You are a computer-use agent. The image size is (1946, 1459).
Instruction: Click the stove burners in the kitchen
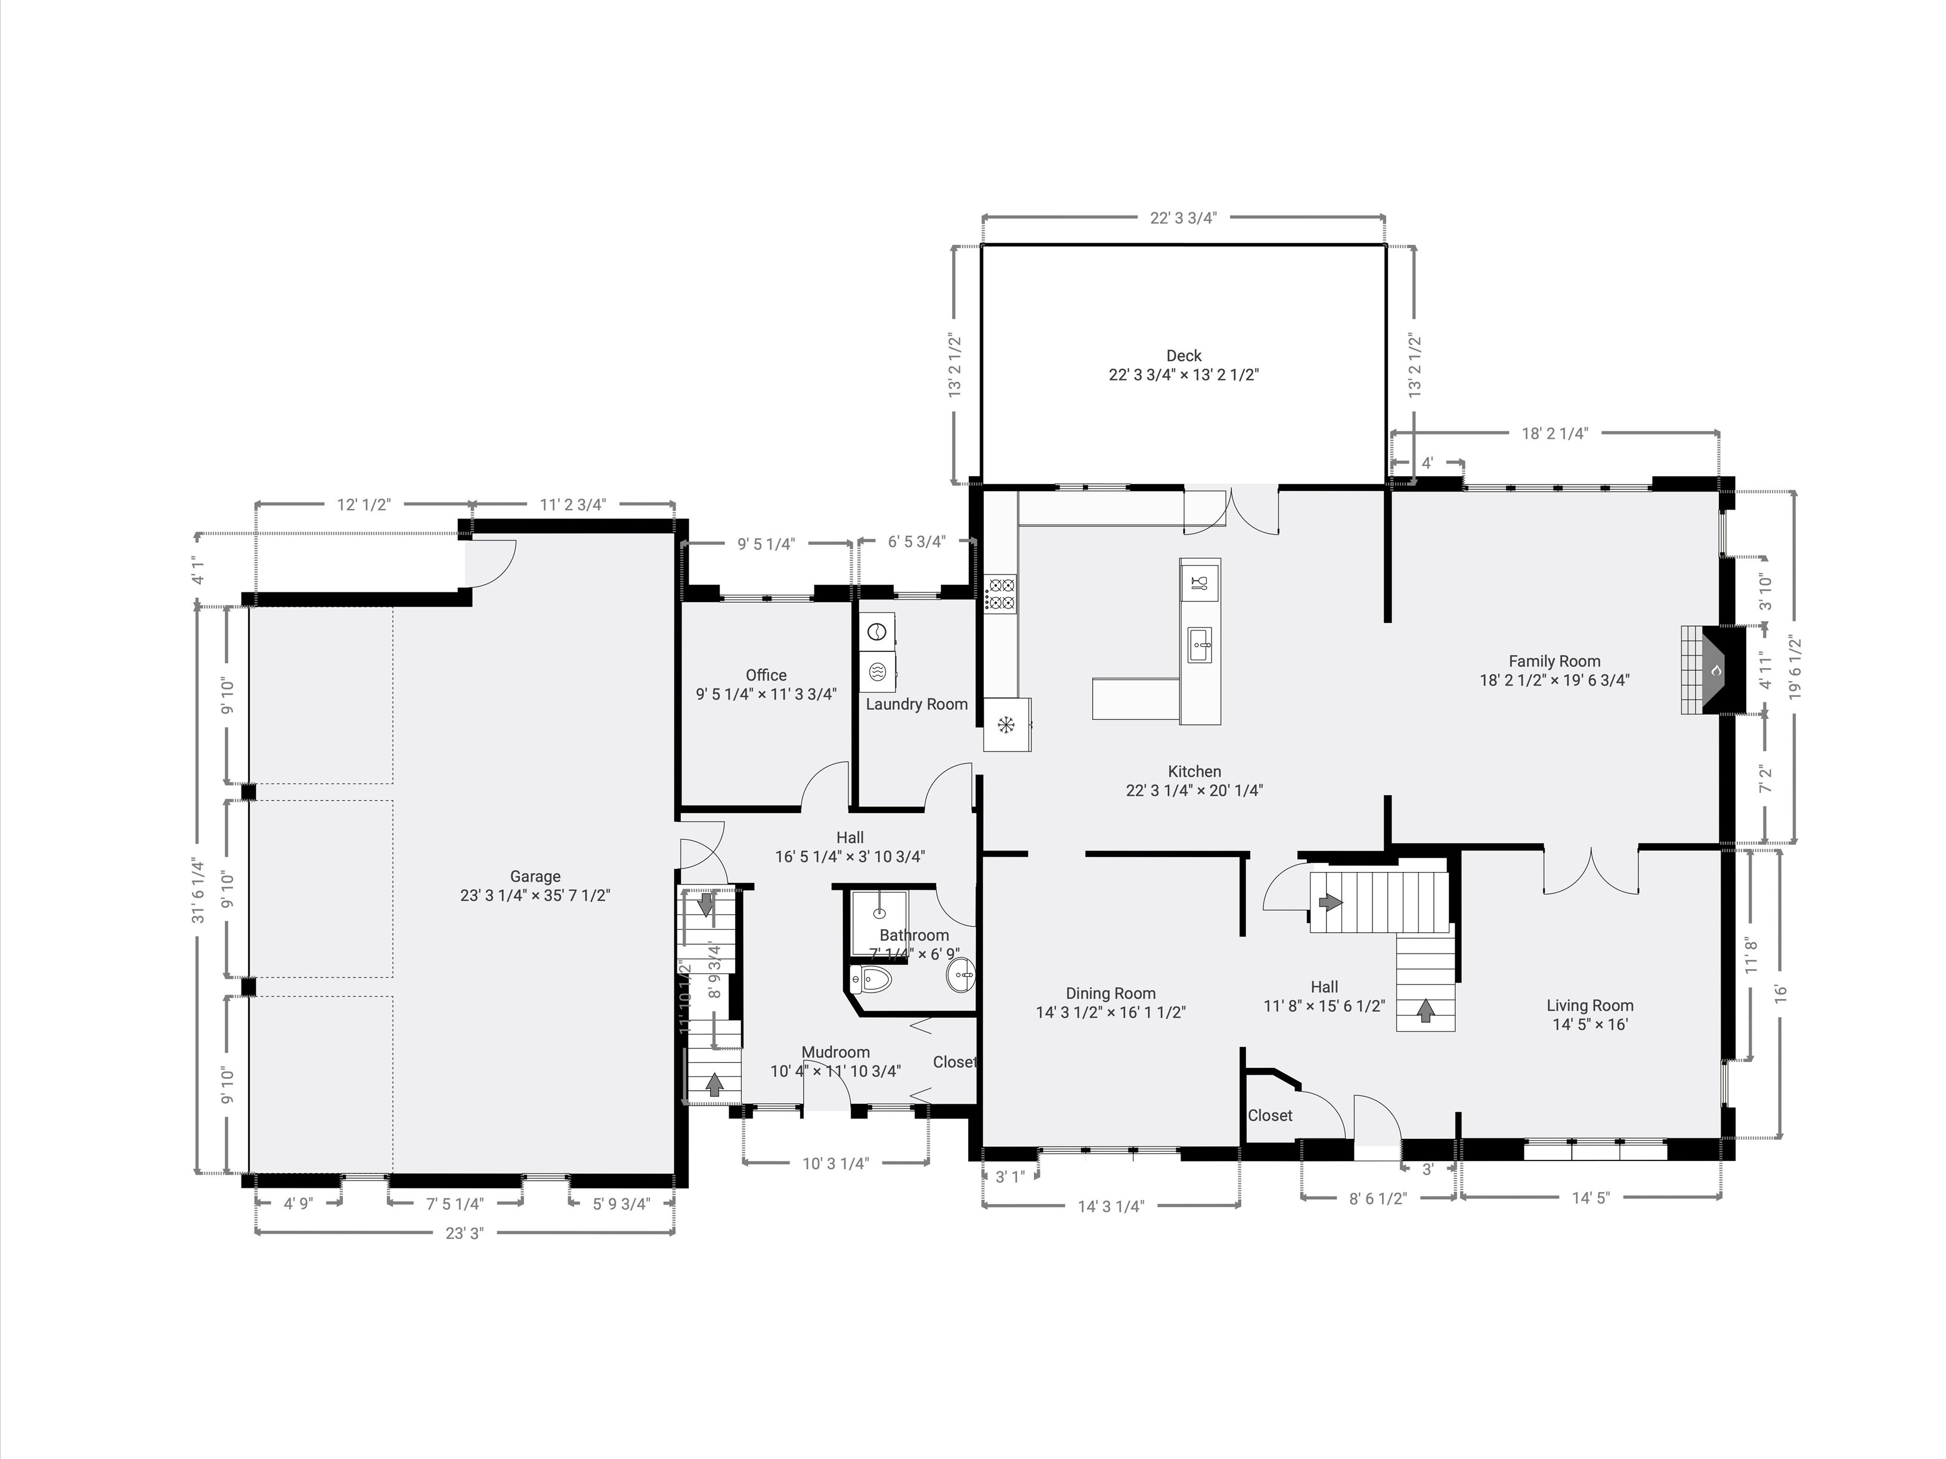[1000, 593]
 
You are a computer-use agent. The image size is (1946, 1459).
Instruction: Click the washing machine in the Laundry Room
[877, 631]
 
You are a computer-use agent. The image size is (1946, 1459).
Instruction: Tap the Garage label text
[535, 876]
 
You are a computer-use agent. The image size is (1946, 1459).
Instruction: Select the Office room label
[766, 675]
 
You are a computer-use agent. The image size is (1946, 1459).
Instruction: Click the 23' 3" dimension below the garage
[464, 1233]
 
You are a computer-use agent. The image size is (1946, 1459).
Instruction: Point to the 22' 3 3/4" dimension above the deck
[1183, 218]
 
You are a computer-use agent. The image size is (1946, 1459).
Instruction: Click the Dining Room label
[1110, 993]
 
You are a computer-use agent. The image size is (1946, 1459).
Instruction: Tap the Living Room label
[1589, 1005]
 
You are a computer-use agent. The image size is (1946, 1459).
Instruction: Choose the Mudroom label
[835, 1052]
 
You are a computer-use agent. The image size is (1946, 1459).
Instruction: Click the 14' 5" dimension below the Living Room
[1591, 1197]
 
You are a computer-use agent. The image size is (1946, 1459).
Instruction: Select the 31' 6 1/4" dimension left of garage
[199, 890]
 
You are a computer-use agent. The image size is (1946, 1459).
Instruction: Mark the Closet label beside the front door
[1269, 1115]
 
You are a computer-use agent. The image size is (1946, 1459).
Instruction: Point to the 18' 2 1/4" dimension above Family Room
[1554, 433]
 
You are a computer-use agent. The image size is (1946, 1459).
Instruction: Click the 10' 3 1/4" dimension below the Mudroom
[835, 1163]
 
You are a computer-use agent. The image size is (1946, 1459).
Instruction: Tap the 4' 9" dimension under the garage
[298, 1203]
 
